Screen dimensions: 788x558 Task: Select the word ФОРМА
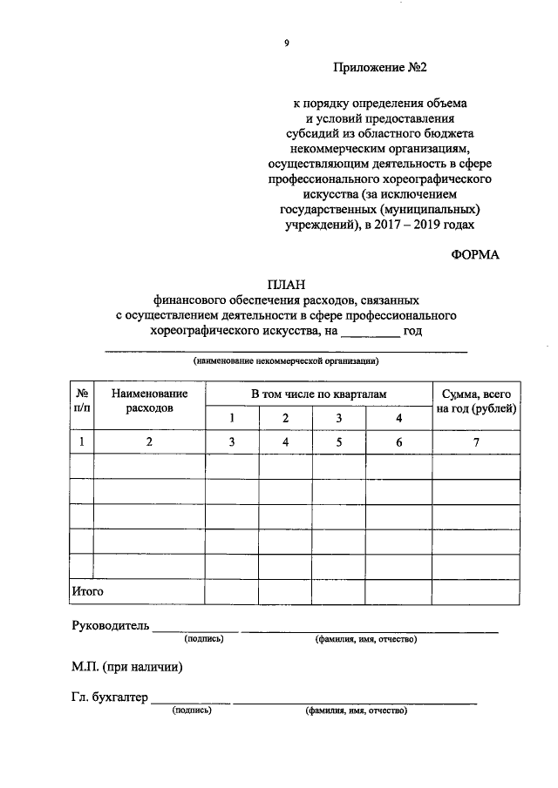(476, 254)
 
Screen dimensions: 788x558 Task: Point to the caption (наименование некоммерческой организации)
(286, 360)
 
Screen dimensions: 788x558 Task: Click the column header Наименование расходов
(149, 401)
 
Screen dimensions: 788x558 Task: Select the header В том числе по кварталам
(318, 394)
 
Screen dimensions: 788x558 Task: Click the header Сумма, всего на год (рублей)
(477, 401)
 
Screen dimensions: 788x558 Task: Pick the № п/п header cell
(81, 401)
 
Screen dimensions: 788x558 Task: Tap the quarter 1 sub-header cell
(232, 419)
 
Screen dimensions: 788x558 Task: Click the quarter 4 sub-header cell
(399, 419)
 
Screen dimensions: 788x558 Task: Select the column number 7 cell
(477, 442)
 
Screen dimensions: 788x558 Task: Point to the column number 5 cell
(340, 442)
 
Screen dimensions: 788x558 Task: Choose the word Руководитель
(111, 626)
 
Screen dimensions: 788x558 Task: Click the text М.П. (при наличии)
(127, 668)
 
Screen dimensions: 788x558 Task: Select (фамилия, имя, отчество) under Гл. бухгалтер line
(356, 711)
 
